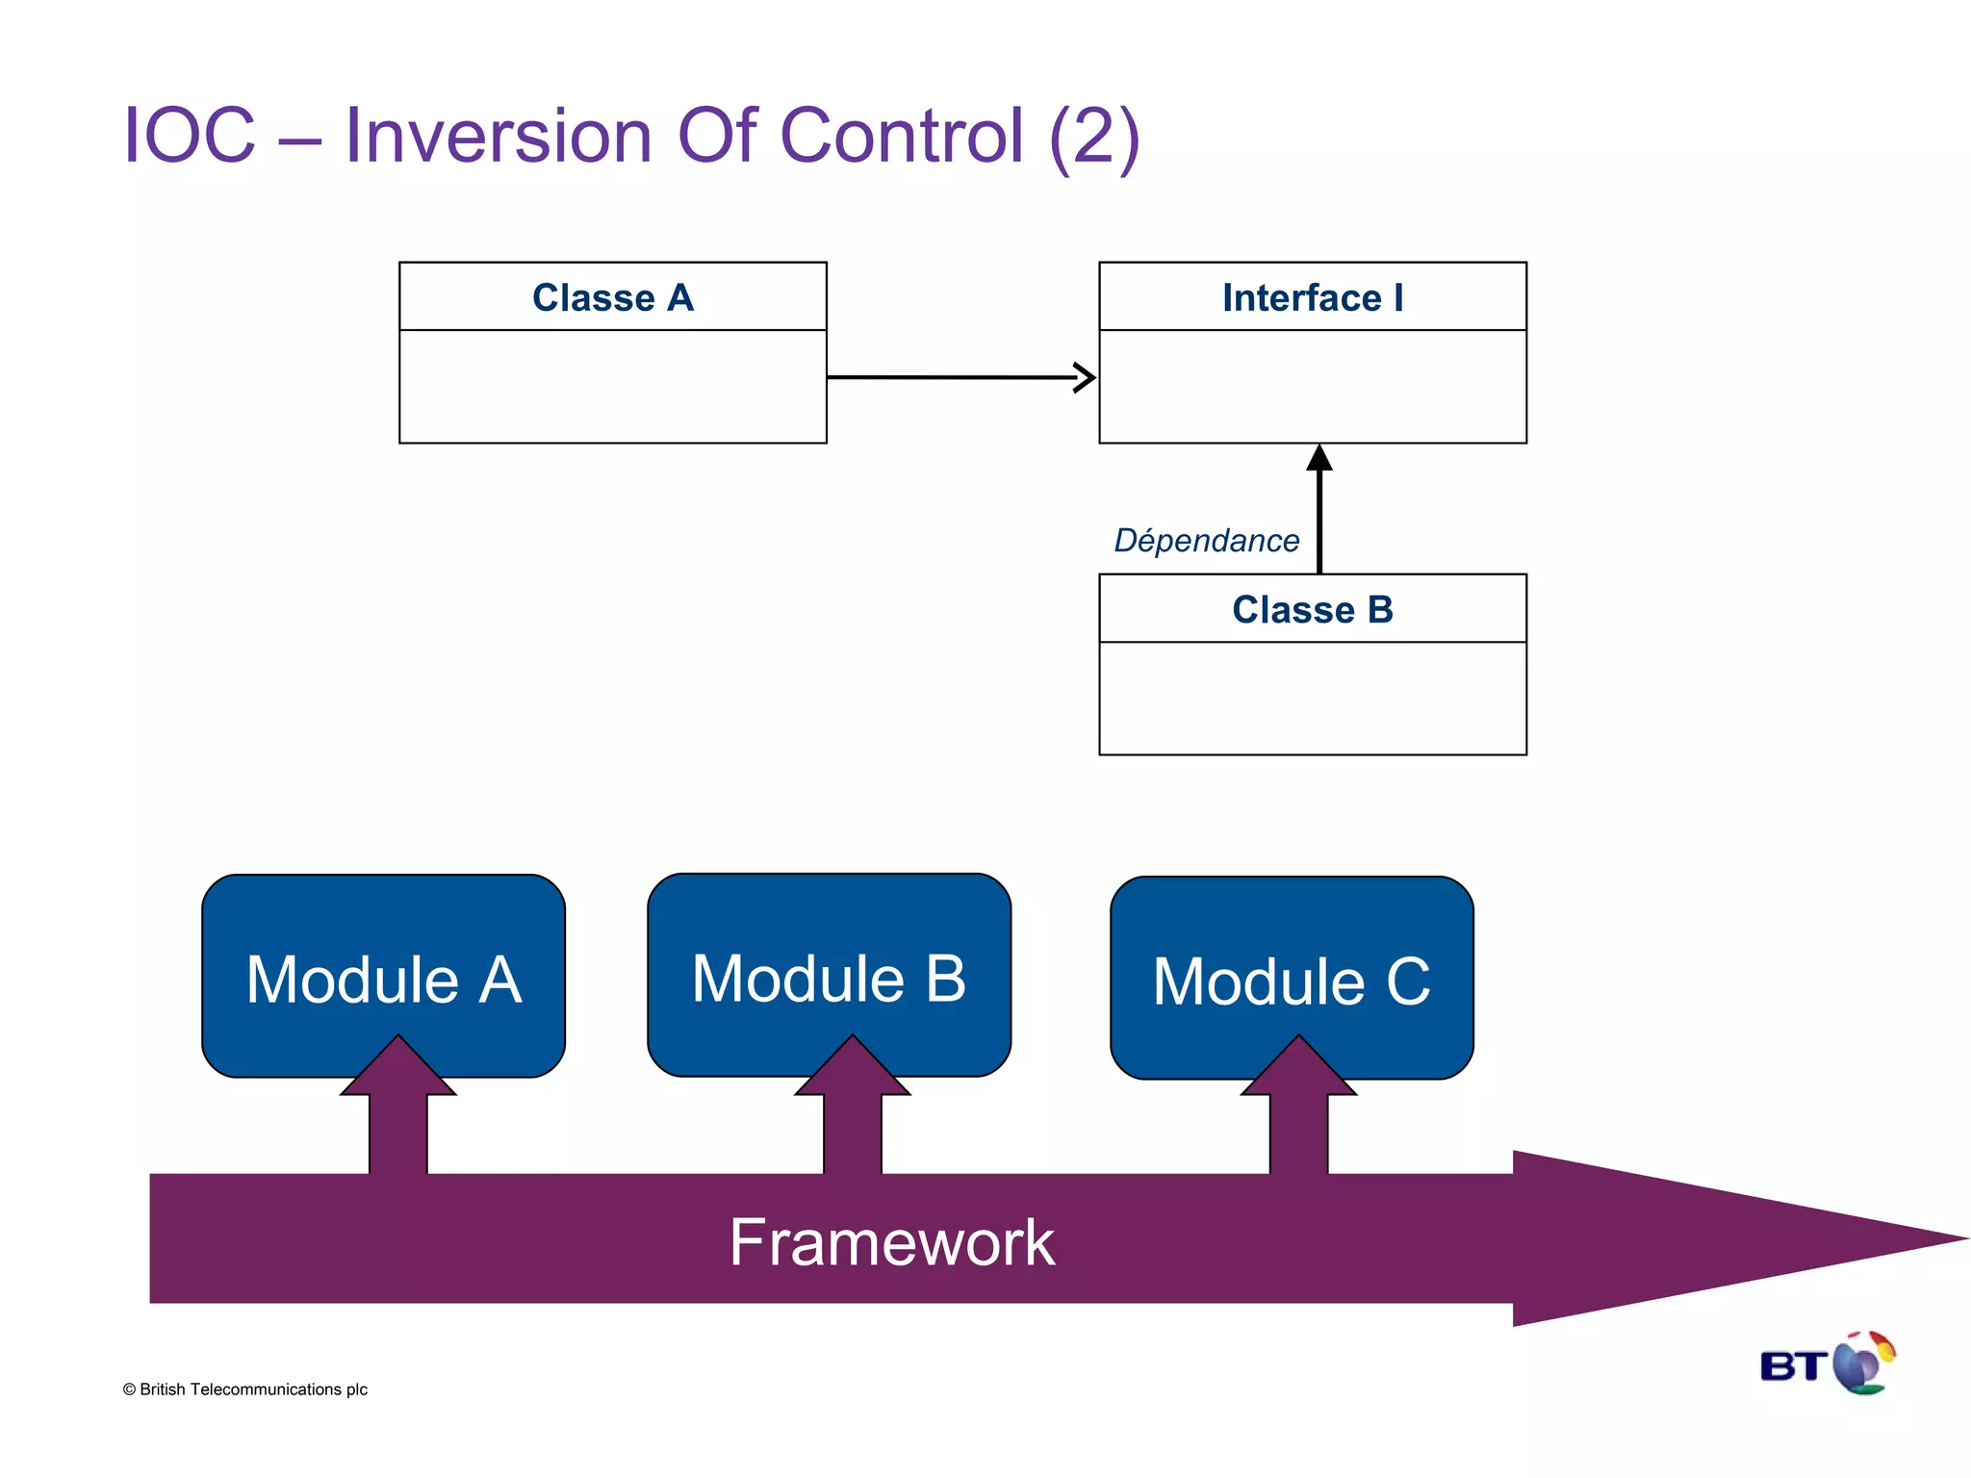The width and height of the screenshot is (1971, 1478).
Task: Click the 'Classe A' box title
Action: pyautogui.click(x=613, y=298)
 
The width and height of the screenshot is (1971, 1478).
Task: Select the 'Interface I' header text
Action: pyautogui.click(x=1312, y=298)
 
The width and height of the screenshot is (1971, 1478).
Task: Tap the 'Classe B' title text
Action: pyautogui.click(x=1312, y=610)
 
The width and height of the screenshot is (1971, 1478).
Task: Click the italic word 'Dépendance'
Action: pyautogui.click(x=1206, y=541)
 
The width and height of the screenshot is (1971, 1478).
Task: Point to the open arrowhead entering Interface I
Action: pyautogui.click(x=1085, y=378)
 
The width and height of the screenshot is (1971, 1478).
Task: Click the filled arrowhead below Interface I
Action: pyautogui.click(x=1319, y=458)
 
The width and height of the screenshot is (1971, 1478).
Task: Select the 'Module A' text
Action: pyautogui.click(x=383, y=981)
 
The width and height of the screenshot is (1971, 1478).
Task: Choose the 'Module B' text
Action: pyautogui.click(x=829, y=979)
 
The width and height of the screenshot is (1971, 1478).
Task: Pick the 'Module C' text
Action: pyautogui.click(x=1291, y=981)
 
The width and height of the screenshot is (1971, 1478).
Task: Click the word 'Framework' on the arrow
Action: pyautogui.click(x=891, y=1242)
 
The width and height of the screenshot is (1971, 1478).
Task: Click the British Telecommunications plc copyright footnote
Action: pyautogui.click(x=245, y=1389)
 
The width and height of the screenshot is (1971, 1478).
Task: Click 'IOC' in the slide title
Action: pyautogui.click(x=190, y=136)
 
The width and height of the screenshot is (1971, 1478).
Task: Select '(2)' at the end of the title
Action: pyautogui.click(x=1094, y=138)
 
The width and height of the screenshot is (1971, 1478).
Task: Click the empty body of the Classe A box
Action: pyautogui.click(x=613, y=387)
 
